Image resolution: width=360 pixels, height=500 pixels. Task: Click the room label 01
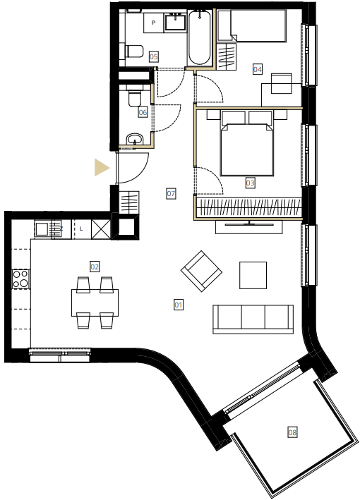tap(179, 305)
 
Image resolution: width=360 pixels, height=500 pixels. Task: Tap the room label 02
tap(95, 267)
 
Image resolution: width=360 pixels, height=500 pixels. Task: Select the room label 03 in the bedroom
tap(250, 183)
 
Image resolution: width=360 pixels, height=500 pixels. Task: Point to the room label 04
tap(258, 69)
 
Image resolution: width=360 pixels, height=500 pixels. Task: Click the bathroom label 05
tap(154, 56)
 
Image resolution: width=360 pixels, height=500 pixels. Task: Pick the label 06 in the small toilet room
tap(143, 112)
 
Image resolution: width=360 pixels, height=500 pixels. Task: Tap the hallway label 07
tap(171, 193)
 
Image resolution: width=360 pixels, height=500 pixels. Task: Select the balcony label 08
tap(292, 432)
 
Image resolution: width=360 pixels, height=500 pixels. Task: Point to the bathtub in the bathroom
tap(200, 37)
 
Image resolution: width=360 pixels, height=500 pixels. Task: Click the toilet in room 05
tap(134, 51)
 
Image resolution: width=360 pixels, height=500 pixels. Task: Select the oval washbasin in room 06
tap(135, 139)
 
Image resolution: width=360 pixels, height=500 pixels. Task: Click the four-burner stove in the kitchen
tap(21, 279)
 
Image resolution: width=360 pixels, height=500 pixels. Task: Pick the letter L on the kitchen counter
tap(81, 228)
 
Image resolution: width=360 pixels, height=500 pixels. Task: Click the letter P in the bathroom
tap(154, 23)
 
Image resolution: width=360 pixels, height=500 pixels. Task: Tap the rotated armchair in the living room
tap(201, 271)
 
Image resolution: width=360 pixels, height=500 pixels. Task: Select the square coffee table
tap(253, 275)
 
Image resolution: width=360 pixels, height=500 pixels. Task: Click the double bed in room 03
tap(247, 143)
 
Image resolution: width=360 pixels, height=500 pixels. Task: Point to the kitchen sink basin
tap(42, 229)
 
